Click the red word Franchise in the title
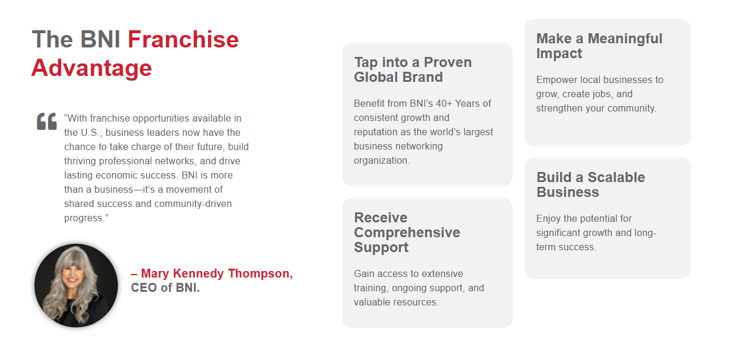pos(183,39)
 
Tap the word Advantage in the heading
pos(91,68)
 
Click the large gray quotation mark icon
pos(47,122)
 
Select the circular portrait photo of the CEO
pos(76,285)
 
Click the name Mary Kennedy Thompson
pos(217,273)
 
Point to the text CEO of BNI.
pos(165,288)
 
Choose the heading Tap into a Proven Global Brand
pos(413,69)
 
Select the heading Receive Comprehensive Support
pos(407,232)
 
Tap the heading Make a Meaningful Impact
pos(599,46)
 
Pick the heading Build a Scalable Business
pos(591,184)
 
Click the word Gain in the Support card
pos(364,273)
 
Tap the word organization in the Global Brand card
pos(381,161)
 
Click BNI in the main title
pos(100,39)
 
